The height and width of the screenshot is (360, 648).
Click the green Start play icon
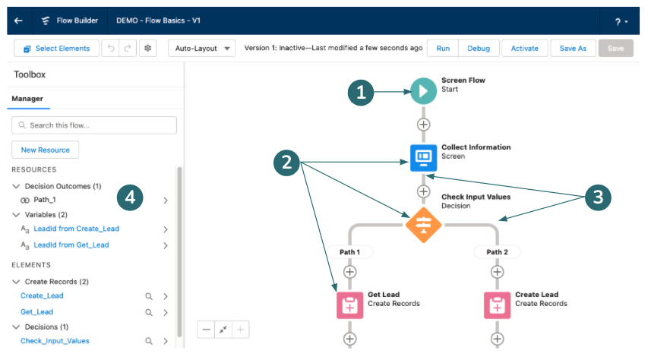pos(423,91)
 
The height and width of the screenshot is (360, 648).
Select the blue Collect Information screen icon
pos(423,157)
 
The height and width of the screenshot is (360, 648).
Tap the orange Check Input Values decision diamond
pos(423,225)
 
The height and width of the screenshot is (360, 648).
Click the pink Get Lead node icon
pos(349,305)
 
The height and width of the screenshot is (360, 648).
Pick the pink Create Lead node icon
pos(497,305)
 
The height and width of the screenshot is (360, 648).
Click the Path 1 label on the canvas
pos(349,252)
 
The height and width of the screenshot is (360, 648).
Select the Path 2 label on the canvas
pos(497,252)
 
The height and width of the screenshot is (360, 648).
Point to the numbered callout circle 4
pos(130,197)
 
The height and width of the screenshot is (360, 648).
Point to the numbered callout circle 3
pos(598,197)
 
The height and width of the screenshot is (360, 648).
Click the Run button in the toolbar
pos(443,49)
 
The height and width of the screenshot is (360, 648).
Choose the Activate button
pos(524,49)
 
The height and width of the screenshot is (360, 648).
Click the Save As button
pos(573,49)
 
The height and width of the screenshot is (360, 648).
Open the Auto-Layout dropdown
pos(201,49)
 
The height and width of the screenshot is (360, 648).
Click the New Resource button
pos(45,150)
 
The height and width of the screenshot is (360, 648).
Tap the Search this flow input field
pos(94,125)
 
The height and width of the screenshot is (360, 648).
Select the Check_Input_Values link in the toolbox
pos(55,341)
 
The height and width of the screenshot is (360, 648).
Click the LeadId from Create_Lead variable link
pos(77,229)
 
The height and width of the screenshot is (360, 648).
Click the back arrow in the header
pos(18,21)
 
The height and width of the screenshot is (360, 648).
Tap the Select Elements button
pos(57,49)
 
